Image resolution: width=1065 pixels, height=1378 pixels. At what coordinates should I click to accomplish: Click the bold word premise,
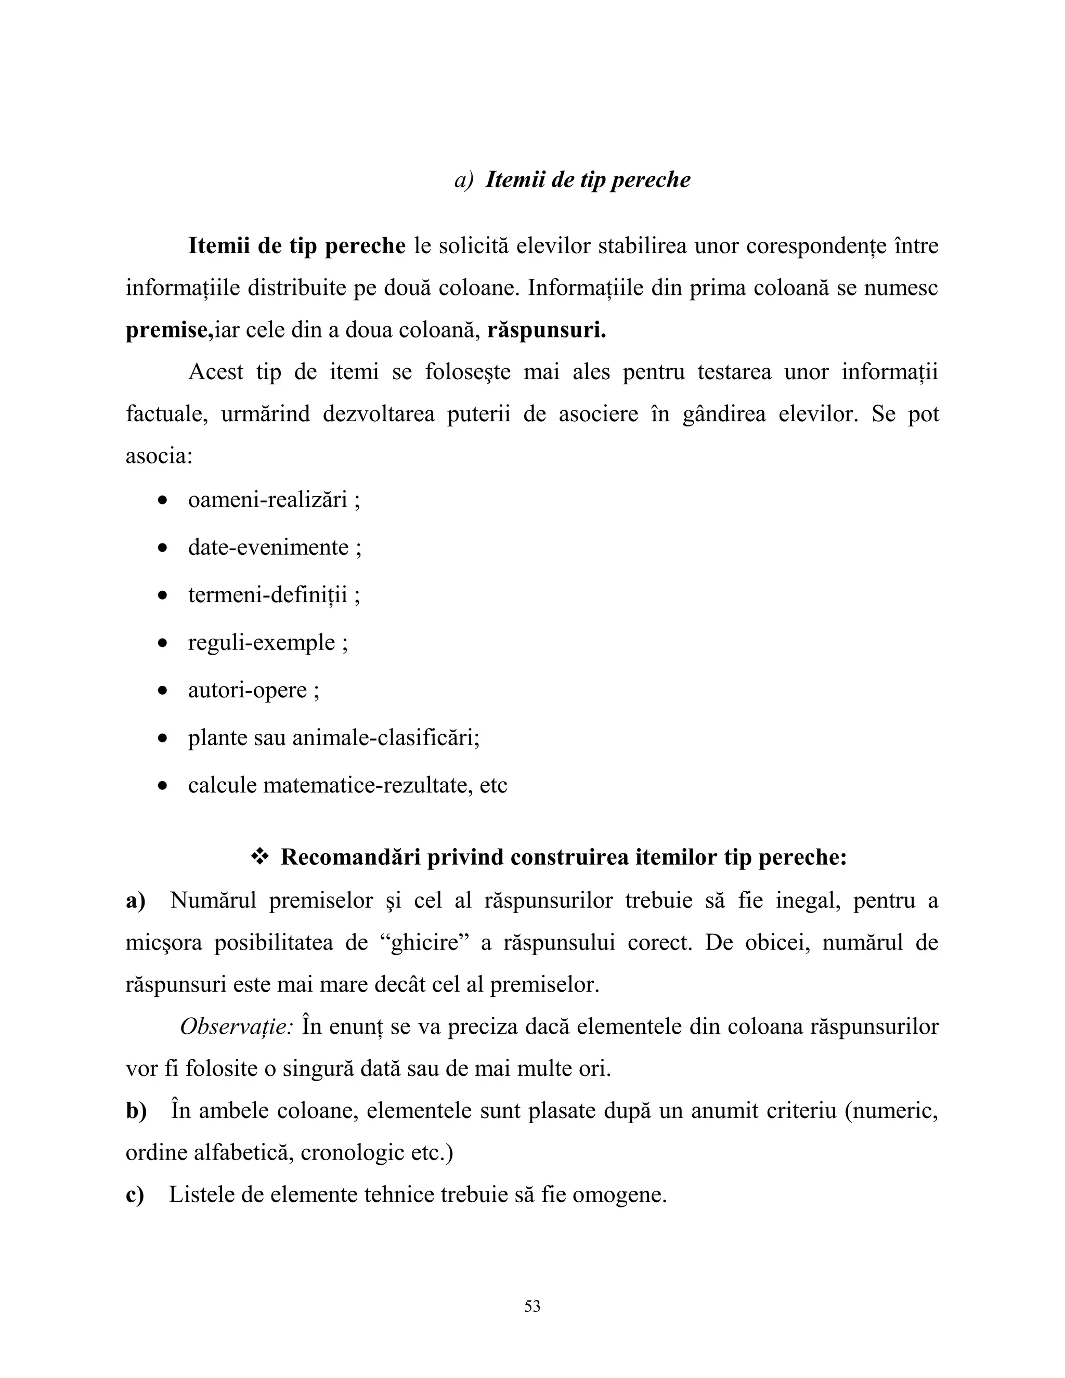pos(170,331)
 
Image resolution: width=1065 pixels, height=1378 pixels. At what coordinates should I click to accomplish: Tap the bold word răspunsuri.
pos(547,331)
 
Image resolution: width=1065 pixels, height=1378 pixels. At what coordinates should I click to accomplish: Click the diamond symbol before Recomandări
pos(259,857)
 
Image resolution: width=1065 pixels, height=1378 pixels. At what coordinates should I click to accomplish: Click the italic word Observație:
pos(237,1026)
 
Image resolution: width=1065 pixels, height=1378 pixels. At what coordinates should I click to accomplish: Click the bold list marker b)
pos(136,1111)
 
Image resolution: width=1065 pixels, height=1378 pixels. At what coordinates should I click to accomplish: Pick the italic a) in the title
pos(463,180)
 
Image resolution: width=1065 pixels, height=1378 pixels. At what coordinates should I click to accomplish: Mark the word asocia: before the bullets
pos(159,456)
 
